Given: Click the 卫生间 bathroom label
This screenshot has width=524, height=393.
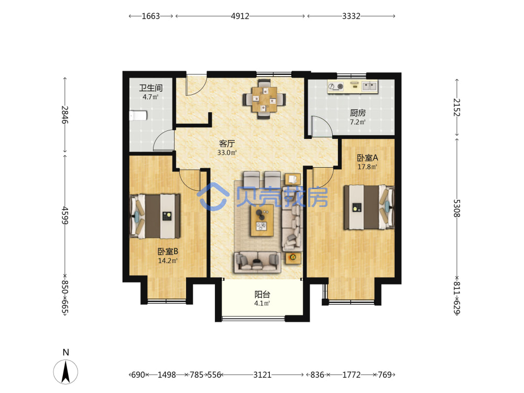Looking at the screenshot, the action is [x=151, y=88].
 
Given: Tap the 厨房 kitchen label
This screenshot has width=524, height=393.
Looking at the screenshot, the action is [x=357, y=113].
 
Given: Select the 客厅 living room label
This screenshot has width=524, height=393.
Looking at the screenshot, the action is [x=227, y=144].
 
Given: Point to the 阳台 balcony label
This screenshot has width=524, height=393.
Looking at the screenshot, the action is [x=263, y=294].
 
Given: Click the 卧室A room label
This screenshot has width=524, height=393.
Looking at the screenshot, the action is [x=367, y=158].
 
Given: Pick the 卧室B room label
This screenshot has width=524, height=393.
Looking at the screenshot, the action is [x=168, y=252].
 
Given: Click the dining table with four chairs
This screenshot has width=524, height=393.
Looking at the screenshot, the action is [x=264, y=99].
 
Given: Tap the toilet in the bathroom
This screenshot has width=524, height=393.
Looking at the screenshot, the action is [x=138, y=116].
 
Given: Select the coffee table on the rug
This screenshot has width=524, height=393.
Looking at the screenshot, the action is [x=263, y=220].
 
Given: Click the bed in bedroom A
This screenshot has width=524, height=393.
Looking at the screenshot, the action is [x=369, y=207].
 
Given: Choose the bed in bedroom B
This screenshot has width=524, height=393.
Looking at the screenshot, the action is [x=155, y=216].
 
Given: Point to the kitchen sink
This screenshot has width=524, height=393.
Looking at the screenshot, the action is [x=369, y=86].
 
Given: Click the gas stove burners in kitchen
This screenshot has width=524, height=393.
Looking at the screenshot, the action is [x=336, y=86].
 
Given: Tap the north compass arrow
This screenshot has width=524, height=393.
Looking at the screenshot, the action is [x=65, y=372].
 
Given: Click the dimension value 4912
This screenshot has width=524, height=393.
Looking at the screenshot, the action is [x=240, y=16].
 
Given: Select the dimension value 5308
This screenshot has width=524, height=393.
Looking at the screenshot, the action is [x=456, y=208].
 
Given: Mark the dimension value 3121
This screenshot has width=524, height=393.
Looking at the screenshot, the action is [x=263, y=375].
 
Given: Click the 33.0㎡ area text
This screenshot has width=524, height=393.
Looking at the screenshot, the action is [x=227, y=152].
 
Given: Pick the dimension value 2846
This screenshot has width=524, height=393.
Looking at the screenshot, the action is [x=65, y=115].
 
